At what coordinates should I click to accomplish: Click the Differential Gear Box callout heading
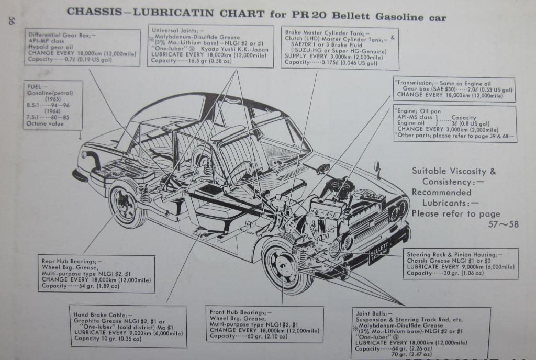(61, 35)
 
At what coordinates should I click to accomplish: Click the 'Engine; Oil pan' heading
(419, 111)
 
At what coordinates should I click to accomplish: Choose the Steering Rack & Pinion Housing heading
(453, 255)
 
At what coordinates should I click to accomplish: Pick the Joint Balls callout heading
(375, 312)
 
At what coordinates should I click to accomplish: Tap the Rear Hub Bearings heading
(71, 261)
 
